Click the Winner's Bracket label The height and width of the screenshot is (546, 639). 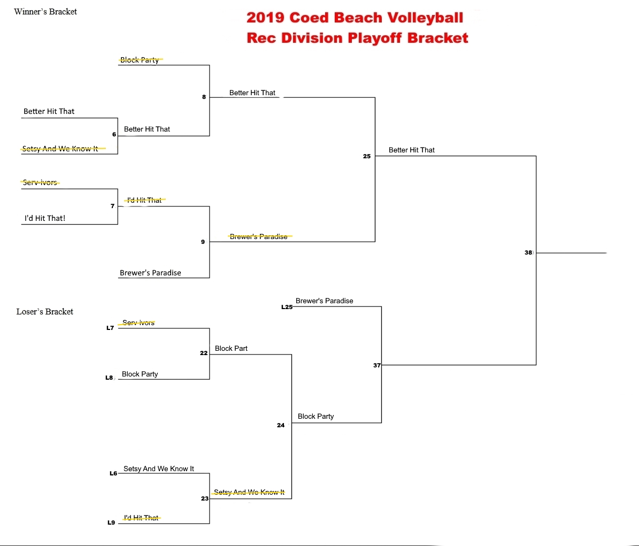[x=45, y=12]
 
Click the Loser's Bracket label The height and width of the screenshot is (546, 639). [x=45, y=312]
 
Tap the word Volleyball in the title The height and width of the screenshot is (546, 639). [x=425, y=18]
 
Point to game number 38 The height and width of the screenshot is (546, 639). [x=528, y=252]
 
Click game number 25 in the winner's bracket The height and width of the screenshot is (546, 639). [x=367, y=156]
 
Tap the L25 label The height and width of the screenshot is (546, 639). [x=287, y=307]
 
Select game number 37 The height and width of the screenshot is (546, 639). [x=377, y=365]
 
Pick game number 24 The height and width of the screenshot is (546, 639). [x=281, y=425]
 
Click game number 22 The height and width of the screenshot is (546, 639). [x=204, y=353]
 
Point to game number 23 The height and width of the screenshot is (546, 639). [x=205, y=499]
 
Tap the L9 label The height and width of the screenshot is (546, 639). [x=111, y=522]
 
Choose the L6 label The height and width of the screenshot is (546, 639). [x=113, y=473]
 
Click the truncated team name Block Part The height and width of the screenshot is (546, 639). [x=231, y=348]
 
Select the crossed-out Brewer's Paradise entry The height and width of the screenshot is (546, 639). [x=259, y=236]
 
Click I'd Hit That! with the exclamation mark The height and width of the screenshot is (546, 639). [x=45, y=218]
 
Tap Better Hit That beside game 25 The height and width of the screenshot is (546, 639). [x=412, y=150]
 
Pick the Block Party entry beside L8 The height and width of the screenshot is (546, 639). [x=140, y=374]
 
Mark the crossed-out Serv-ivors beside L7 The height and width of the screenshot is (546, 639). [x=137, y=322]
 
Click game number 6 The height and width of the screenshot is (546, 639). [x=114, y=134]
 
